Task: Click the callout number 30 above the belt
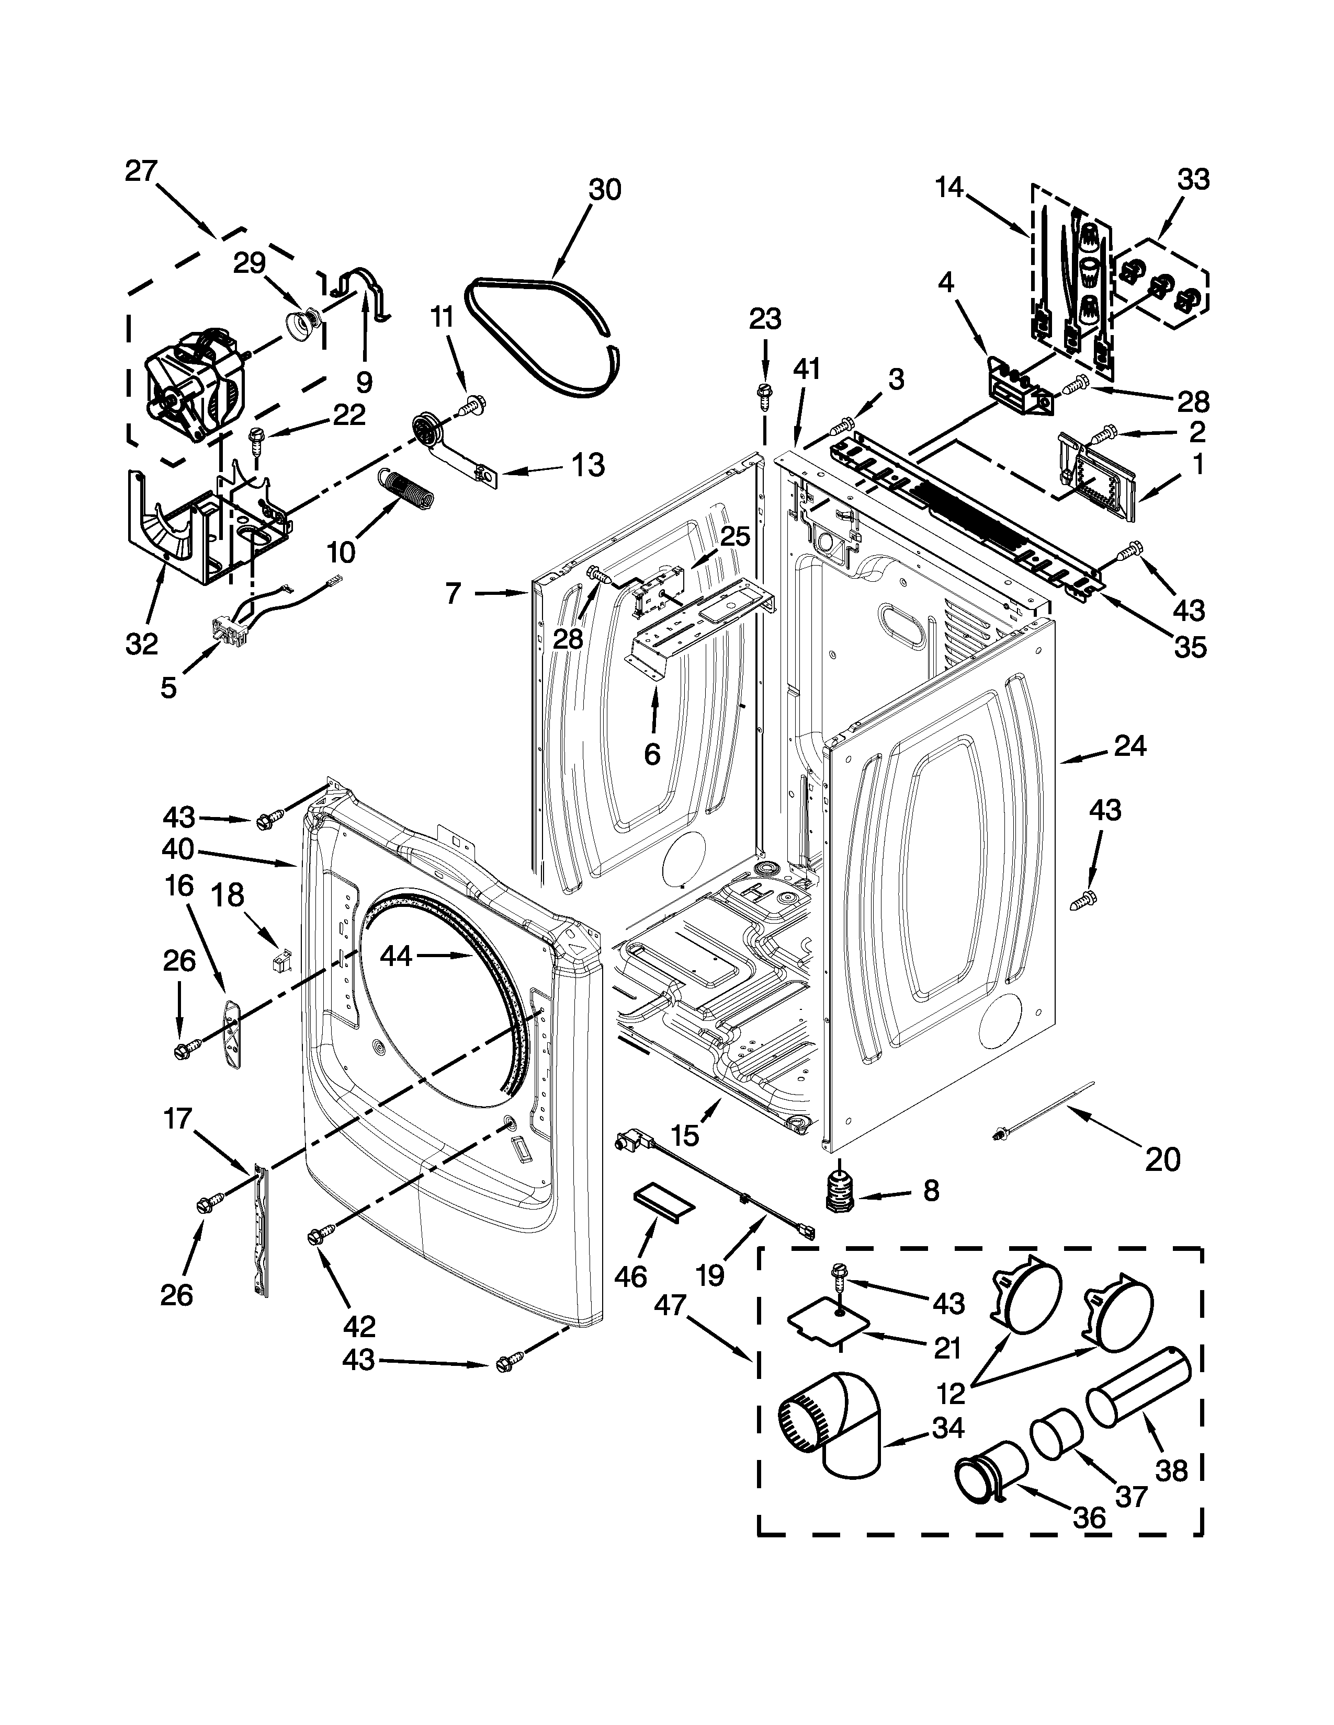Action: pos(605,190)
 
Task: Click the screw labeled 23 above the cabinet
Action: pos(764,393)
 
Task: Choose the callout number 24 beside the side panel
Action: pos(1129,745)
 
